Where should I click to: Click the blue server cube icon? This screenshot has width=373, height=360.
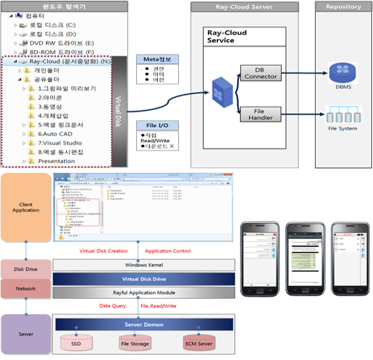218,93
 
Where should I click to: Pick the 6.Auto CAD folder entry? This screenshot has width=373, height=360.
55,134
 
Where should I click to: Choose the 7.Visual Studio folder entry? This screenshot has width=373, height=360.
60,143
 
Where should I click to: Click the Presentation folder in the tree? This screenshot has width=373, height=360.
56,161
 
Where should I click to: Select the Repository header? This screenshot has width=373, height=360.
343,7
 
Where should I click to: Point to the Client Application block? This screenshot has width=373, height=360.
26,208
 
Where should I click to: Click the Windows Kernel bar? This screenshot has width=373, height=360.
144,265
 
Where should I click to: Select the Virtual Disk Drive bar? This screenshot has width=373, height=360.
144,279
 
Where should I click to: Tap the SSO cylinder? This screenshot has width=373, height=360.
76,344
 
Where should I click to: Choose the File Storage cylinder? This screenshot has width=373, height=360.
135,344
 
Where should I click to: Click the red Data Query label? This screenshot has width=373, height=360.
113,306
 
